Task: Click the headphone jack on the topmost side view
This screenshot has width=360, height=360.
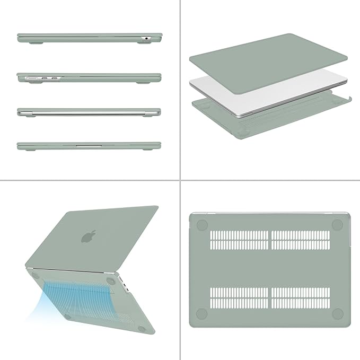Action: [x=146, y=38]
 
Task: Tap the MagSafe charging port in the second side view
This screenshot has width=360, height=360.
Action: [x=31, y=78]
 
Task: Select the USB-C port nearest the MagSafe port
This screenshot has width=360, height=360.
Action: [x=45, y=78]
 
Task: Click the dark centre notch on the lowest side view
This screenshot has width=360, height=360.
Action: [x=89, y=144]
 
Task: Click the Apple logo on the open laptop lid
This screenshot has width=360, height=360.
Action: [x=89, y=236]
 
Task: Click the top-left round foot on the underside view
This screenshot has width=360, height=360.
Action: [x=201, y=225]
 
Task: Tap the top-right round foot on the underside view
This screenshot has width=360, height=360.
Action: [x=337, y=225]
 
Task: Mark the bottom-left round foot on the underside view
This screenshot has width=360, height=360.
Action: [x=201, y=313]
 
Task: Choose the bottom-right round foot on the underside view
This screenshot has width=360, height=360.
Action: [x=337, y=313]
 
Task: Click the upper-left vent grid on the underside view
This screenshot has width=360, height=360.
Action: [x=239, y=240]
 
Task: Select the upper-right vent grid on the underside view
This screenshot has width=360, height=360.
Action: [x=300, y=240]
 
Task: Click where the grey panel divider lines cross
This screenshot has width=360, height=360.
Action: [x=180, y=180]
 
